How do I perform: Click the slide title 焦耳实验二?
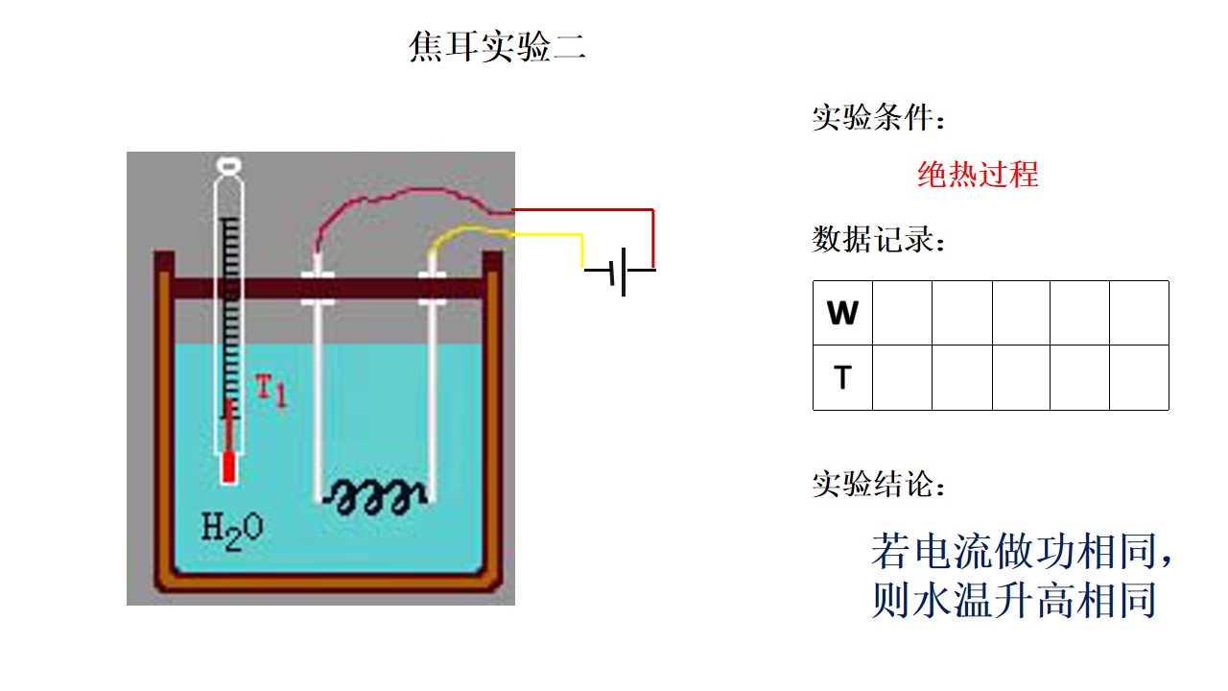click(x=498, y=46)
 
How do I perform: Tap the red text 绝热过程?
click(x=978, y=175)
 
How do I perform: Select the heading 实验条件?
click(x=879, y=117)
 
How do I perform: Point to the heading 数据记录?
click(x=879, y=239)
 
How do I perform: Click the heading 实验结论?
click(x=879, y=484)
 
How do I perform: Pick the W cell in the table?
click(x=842, y=313)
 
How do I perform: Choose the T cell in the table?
click(x=842, y=378)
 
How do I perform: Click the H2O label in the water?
click(x=232, y=531)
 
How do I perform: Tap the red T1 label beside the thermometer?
click(x=272, y=390)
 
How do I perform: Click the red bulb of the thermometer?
click(x=229, y=467)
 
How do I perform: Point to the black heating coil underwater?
click(x=374, y=497)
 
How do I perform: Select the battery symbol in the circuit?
click(x=620, y=272)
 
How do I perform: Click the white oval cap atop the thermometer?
click(x=228, y=164)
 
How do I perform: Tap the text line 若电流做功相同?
click(x=1022, y=551)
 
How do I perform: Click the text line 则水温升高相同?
click(x=1014, y=600)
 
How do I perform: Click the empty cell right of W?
click(x=902, y=313)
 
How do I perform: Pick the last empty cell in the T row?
click(x=1139, y=378)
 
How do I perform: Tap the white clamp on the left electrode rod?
click(x=318, y=288)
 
